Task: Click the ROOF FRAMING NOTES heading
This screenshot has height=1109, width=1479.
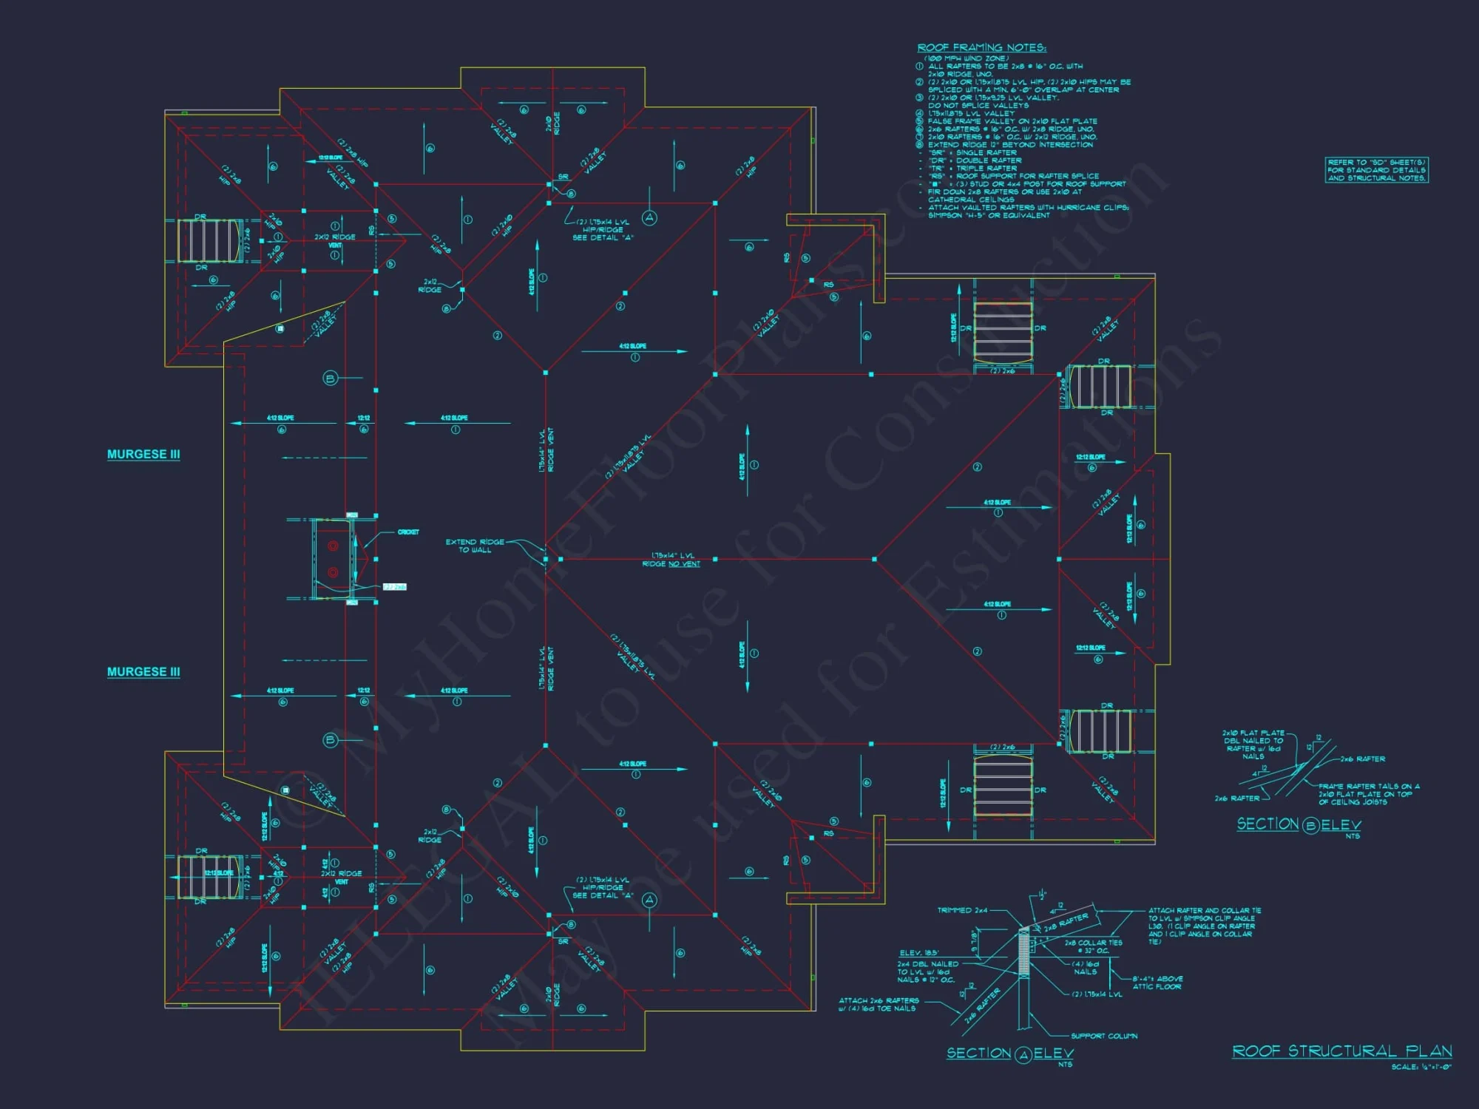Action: coord(981,48)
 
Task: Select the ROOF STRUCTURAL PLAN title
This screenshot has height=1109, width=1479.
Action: coord(1341,1051)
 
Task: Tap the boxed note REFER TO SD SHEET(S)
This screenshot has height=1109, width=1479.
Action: coord(1376,170)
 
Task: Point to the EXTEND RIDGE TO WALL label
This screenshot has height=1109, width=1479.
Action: coord(475,546)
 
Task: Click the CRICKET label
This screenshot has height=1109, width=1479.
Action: coord(408,532)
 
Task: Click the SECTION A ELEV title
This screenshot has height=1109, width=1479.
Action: coord(1009,1054)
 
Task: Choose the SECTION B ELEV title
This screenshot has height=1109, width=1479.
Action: coord(1299,824)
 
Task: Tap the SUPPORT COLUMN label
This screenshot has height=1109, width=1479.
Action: coord(1104,1036)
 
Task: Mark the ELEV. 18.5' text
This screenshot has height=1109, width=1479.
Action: coord(918,953)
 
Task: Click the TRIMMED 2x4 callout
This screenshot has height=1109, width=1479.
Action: coord(962,910)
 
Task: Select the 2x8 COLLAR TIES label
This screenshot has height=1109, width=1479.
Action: coord(1093,946)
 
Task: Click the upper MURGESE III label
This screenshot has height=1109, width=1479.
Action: coord(143,454)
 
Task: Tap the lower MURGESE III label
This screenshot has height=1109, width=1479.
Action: coord(143,671)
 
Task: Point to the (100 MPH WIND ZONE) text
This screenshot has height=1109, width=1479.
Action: coord(966,58)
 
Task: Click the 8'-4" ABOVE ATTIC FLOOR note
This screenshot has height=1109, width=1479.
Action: coord(1157,983)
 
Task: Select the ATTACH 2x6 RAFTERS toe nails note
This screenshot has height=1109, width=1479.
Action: coord(879,1004)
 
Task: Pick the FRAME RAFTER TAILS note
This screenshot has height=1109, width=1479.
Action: coord(1368,794)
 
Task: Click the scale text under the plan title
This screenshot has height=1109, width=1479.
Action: coord(1421,1067)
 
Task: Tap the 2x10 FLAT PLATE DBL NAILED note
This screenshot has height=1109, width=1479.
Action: coord(1253,745)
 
